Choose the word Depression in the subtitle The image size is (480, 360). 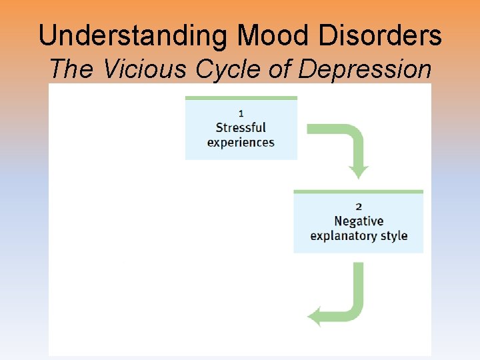(365, 69)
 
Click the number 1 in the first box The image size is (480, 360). (241, 113)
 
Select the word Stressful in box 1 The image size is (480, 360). (241, 127)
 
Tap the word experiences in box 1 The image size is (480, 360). (241, 142)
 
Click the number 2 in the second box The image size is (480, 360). (359, 207)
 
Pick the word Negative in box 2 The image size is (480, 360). (359, 221)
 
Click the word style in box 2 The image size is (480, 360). (393, 236)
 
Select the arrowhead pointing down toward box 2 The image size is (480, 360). (359, 173)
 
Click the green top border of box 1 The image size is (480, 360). (241, 98)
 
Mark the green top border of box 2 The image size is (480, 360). (359, 192)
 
